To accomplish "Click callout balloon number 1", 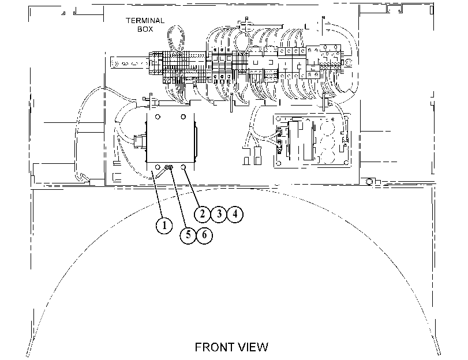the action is [164, 226].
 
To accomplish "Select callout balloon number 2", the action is [203, 214].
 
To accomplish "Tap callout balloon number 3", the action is [219, 214].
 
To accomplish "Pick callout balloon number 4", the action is [235, 214].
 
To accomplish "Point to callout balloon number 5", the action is [188, 235].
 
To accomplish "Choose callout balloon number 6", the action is [204, 235].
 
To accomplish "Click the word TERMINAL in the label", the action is [145, 21].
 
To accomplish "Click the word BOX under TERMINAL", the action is [145, 29].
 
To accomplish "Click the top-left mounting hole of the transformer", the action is [158, 117].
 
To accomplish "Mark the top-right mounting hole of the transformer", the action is [184, 117].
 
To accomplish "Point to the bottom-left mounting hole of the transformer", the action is [158, 167].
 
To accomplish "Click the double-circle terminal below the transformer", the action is [170, 167].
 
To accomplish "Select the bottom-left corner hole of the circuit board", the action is [279, 163].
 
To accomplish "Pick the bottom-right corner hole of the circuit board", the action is [346, 163].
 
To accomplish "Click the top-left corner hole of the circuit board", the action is [279, 119].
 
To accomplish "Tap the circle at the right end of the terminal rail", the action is [348, 63].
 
